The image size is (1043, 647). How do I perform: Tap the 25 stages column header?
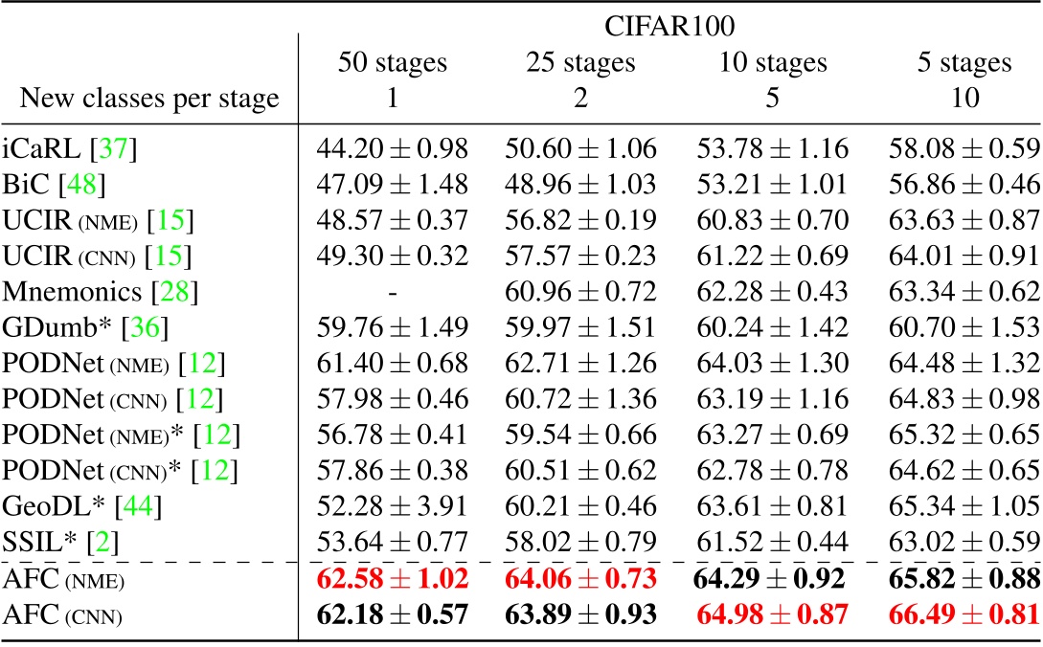pos(579,63)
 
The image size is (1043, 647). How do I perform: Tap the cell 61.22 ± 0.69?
pos(770,250)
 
